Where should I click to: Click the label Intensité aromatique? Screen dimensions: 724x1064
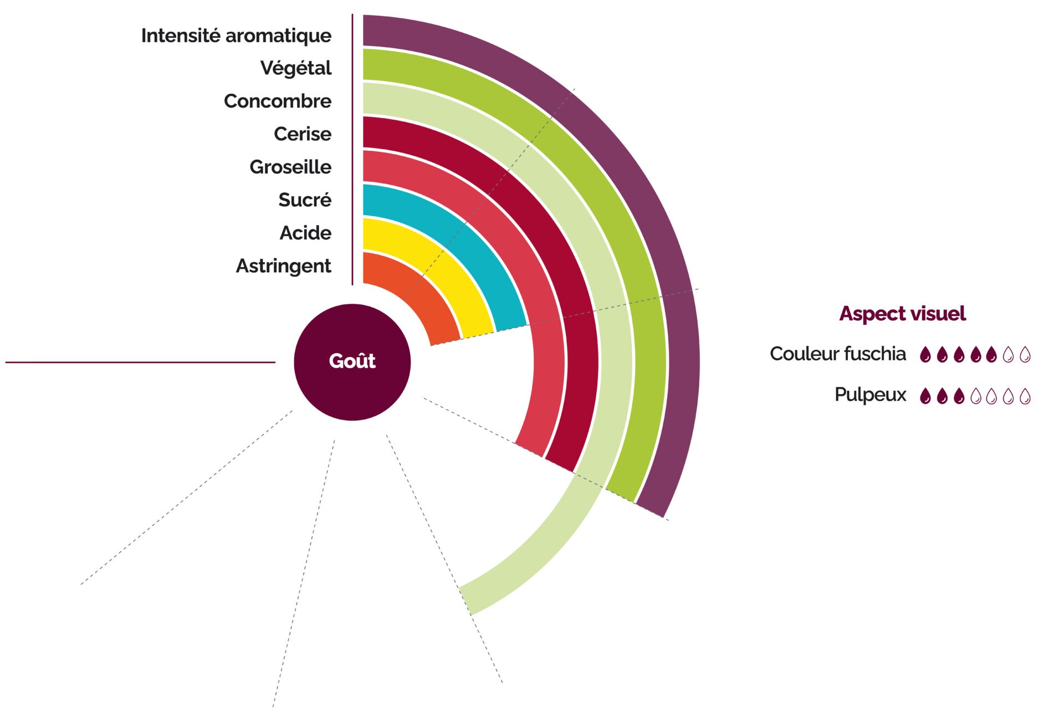(x=236, y=36)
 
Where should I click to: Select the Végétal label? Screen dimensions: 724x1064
(x=295, y=68)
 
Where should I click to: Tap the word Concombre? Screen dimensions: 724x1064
(x=278, y=101)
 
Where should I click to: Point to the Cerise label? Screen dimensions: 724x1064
(x=303, y=134)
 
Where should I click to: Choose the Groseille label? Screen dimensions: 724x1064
(x=290, y=167)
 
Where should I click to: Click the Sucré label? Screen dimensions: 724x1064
(x=305, y=200)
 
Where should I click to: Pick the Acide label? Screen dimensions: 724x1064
(x=305, y=233)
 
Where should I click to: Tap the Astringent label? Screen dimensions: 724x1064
(x=283, y=266)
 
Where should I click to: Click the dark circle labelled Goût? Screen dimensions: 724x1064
(x=352, y=362)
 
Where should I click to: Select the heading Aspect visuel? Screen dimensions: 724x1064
(x=902, y=314)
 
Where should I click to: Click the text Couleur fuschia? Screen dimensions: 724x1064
(x=837, y=354)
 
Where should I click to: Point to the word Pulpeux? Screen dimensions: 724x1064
(x=870, y=395)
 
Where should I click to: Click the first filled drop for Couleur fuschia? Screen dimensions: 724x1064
(x=925, y=354)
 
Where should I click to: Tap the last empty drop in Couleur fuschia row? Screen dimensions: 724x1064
(x=1025, y=354)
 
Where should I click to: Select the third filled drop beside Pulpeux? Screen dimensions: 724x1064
(x=959, y=396)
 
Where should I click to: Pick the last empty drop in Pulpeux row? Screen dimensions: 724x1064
(x=1025, y=396)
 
